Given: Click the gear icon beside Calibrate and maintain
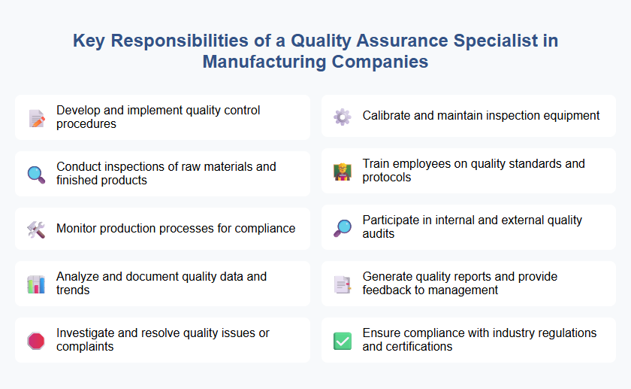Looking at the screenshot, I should [x=342, y=117].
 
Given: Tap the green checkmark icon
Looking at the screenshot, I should [x=342, y=341].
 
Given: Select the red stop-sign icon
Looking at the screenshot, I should [x=35, y=341].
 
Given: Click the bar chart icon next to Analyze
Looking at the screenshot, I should [x=35, y=284].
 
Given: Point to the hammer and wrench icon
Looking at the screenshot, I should [x=35, y=229].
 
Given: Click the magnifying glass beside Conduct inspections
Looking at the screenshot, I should [x=35, y=174].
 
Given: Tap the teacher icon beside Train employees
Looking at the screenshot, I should [x=342, y=172].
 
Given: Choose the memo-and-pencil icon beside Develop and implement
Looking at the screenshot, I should [x=35, y=117].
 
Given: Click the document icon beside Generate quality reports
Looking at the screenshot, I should [x=342, y=284].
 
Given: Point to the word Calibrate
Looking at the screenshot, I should [x=388, y=116].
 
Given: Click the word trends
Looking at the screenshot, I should [x=73, y=290].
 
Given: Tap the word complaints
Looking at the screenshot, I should [x=85, y=347].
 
